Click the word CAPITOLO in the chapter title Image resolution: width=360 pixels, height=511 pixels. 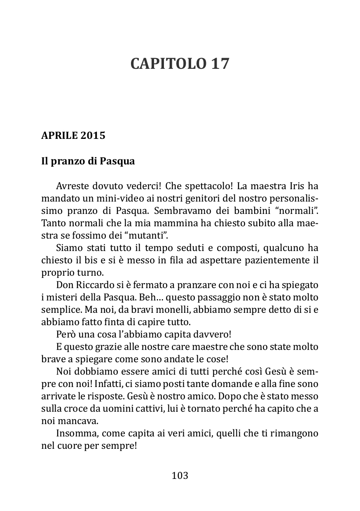click(168, 64)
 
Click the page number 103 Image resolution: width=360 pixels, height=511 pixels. click(180, 476)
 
